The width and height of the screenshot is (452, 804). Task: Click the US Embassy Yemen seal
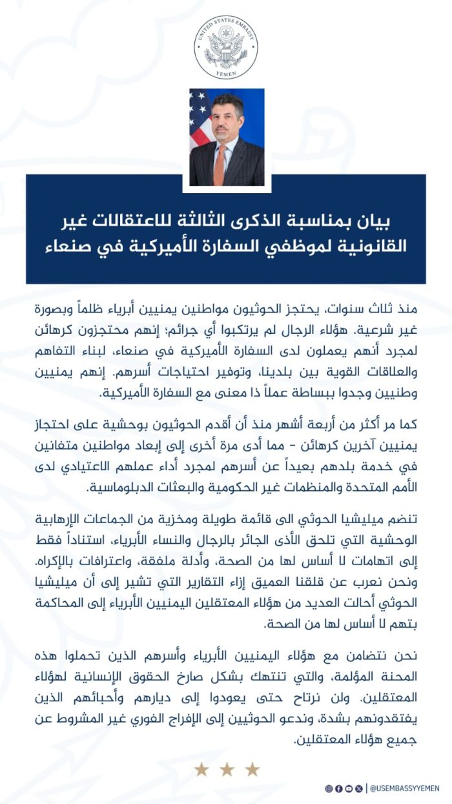226,47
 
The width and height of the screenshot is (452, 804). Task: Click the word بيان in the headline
378,222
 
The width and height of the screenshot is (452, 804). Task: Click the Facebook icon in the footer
339,789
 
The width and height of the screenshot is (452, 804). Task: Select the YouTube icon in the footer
349,789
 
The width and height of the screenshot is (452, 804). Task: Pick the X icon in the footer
358,789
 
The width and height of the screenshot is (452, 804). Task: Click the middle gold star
227,769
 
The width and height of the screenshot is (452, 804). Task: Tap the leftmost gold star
201,769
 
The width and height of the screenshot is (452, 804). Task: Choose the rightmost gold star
252,769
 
